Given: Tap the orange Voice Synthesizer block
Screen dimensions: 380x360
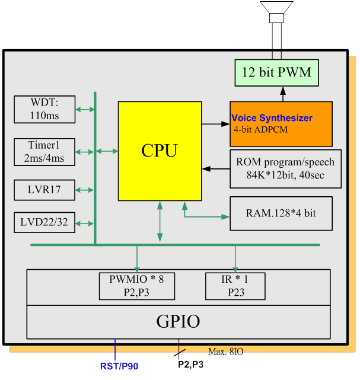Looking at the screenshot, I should pos(281,124).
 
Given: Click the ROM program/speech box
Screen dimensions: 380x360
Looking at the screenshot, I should pos(285,168).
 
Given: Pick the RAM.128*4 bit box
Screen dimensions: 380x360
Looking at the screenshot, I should pos(281,213).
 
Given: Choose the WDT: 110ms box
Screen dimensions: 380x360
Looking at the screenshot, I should pos(44,110).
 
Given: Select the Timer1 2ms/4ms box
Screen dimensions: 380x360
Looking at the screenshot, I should pos(44,152).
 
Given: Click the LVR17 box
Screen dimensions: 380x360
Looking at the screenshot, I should pos(44,190).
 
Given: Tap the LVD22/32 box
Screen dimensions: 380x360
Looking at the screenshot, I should pos(44,223).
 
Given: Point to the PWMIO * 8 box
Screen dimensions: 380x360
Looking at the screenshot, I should pos(136,286).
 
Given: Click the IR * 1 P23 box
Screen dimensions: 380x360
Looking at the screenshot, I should pos(235,286).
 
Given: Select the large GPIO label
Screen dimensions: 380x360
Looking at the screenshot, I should pos(178,322).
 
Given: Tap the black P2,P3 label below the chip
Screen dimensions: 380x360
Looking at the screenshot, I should pos(190,365).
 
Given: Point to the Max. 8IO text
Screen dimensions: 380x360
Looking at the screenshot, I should pos(225,352).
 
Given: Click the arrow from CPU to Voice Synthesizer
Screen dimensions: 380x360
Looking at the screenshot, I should pos(215,124).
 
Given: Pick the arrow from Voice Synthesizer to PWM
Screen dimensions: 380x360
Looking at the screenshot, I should pos(283,94).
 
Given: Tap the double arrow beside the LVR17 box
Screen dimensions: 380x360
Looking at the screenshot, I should pos(85,190).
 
